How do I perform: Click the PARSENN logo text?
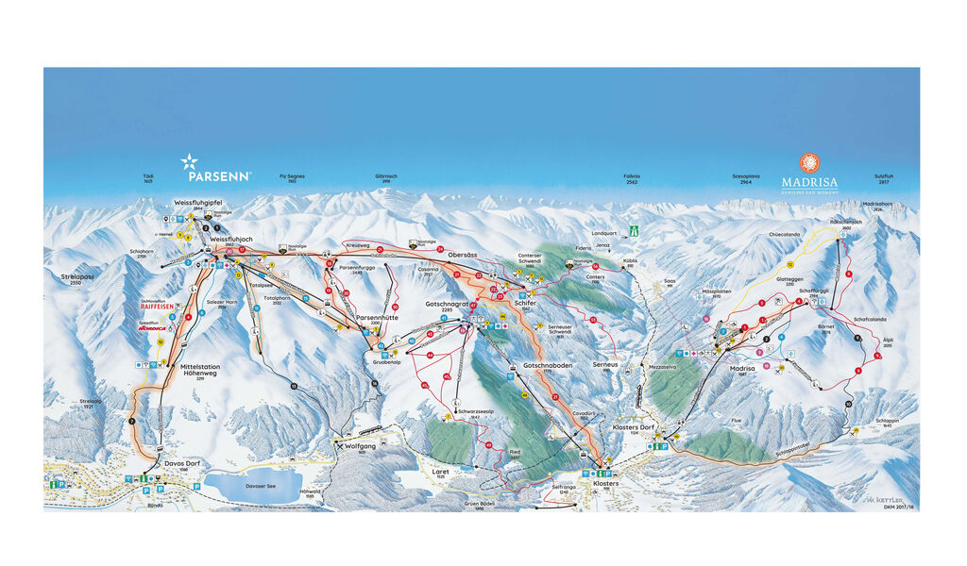[218, 175]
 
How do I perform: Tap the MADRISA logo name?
[809, 181]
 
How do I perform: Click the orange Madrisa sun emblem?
[809, 162]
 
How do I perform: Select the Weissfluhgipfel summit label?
[197, 203]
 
